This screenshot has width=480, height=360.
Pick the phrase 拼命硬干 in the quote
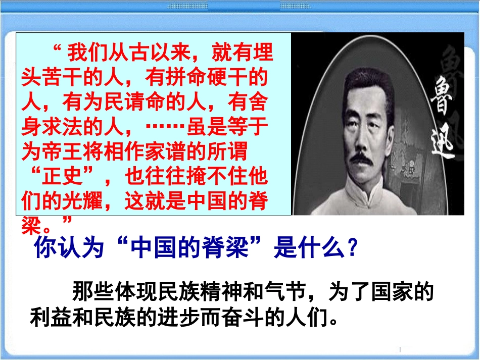(x=184, y=78)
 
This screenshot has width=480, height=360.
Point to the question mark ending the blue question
(x=353, y=248)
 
